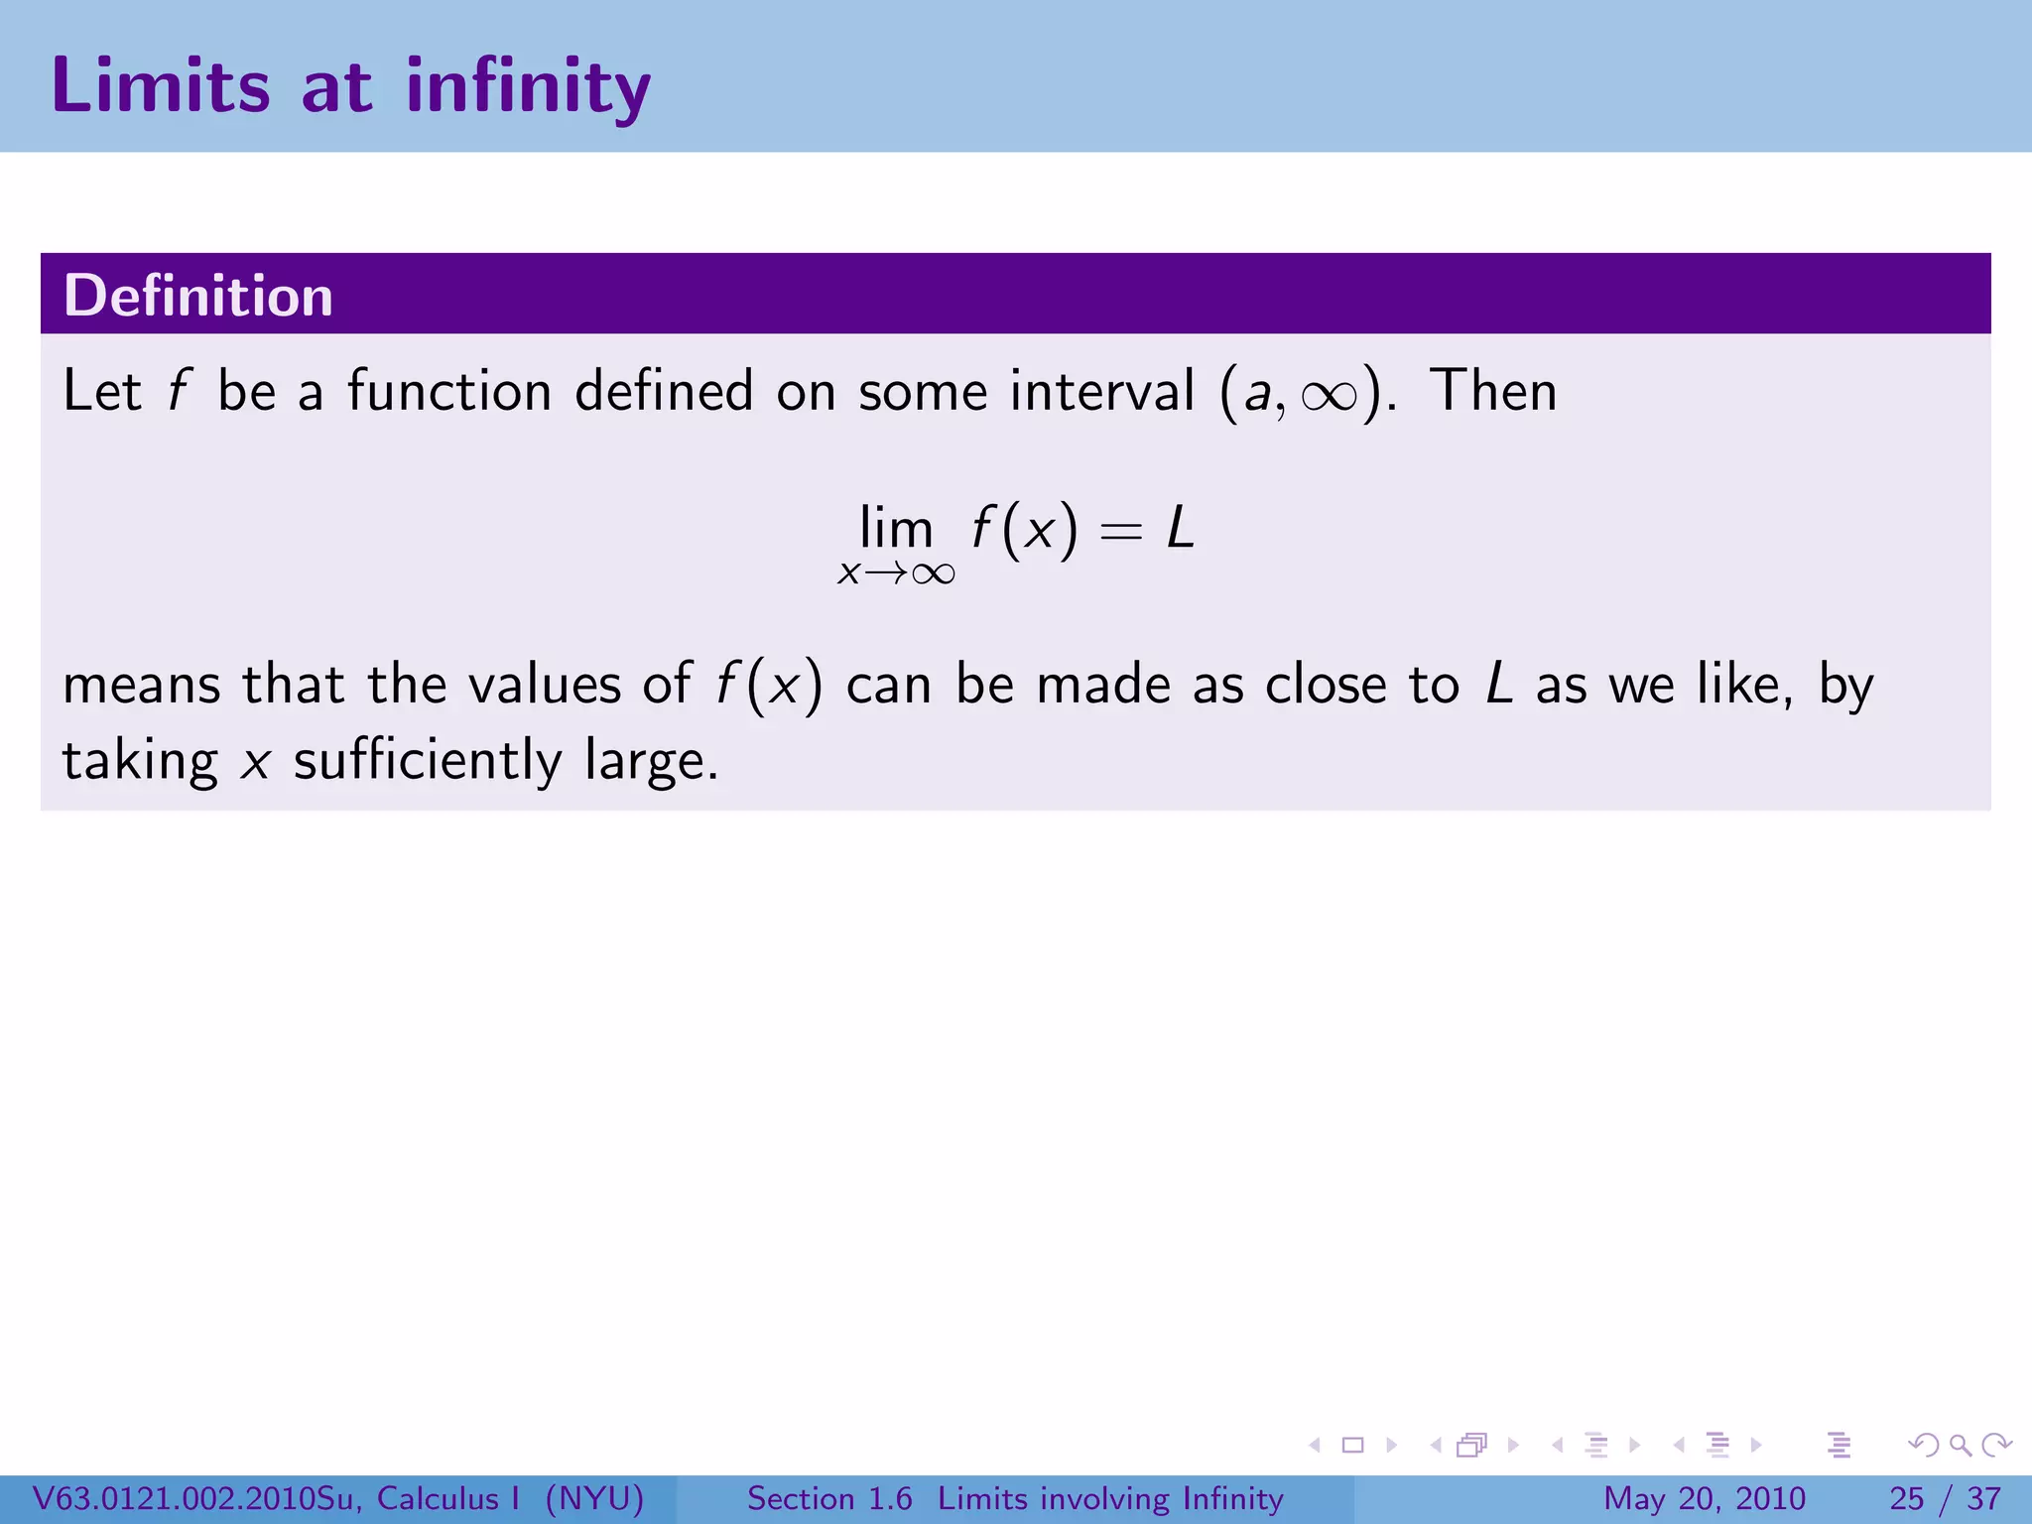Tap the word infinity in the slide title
click(528, 87)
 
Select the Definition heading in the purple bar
click(198, 296)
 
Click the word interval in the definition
click(1101, 391)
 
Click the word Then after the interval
click(1493, 391)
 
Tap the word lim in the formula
click(896, 527)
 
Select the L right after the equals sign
click(1180, 528)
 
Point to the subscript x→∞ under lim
click(896, 573)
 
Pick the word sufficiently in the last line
click(428, 761)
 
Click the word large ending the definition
click(650, 763)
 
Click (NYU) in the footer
click(595, 1498)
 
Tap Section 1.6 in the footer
click(829, 1498)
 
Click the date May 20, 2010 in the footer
click(1704, 1498)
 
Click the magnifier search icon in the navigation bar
click(1960, 1446)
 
